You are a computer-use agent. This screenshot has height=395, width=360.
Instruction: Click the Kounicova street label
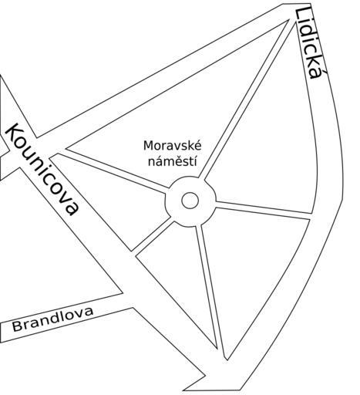(x=42, y=169)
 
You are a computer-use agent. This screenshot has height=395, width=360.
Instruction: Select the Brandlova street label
(x=52, y=319)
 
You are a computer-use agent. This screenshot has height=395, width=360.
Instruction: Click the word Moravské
(x=173, y=146)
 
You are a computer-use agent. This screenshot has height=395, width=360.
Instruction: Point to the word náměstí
(x=173, y=161)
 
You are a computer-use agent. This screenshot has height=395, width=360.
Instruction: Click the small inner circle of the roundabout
(x=190, y=201)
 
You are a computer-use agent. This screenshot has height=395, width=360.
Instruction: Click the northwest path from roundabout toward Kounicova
(x=110, y=170)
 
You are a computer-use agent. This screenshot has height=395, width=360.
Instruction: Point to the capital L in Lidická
(x=302, y=15)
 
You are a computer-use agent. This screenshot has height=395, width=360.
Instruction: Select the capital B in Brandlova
(x=17, y=326)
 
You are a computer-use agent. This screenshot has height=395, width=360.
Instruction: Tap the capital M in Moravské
(x=148, y=146)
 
